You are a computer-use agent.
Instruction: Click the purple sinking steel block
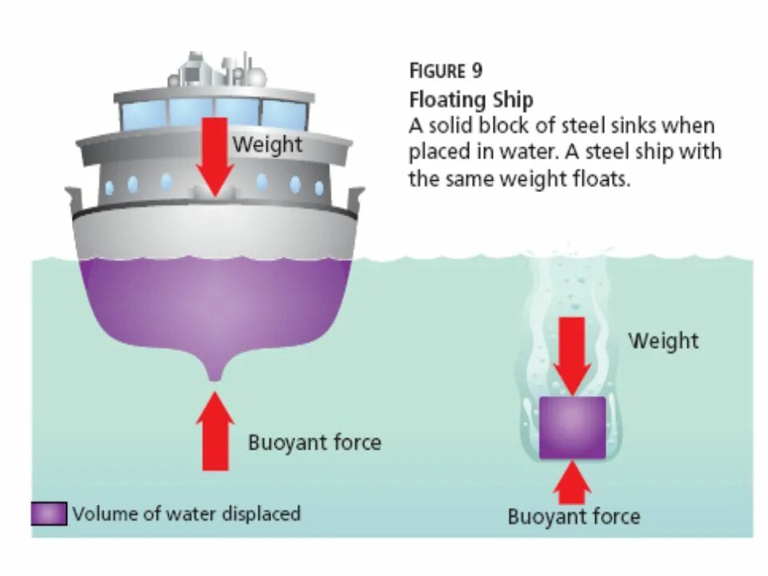click(x=571, y=427)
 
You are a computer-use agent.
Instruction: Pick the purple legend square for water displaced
click(x=49, y=514)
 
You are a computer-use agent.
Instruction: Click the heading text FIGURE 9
click(x=446, y=70)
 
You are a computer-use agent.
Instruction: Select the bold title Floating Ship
click(x=470, y=100)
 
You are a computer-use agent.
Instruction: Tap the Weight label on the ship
click(x=268, y=145)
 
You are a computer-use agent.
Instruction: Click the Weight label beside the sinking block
click(x=663, y=340)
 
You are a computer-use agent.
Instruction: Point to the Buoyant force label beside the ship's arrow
click(x=314, y=442)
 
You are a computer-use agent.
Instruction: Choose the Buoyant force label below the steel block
click(x=574, y=517)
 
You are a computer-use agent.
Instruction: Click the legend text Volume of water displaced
click(x=186, y=514)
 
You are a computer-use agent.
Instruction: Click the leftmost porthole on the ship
click(x=109, y=188)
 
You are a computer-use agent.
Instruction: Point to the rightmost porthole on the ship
click(x=318, y=188)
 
